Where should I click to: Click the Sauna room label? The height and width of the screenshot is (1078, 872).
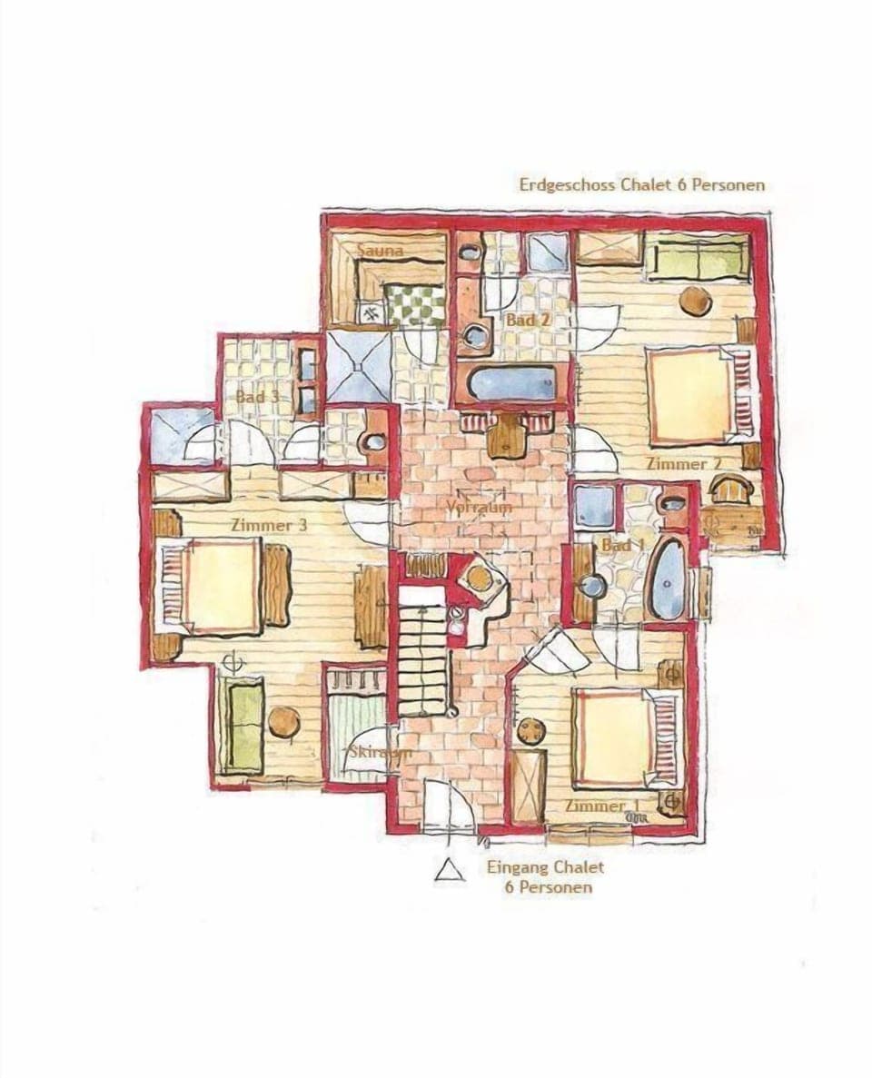380,249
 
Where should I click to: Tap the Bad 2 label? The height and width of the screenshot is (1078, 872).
527,321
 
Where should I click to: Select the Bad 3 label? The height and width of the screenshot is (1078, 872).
257,397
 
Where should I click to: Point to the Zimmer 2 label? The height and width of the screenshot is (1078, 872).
683,464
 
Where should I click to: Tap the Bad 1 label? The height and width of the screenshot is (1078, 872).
622,545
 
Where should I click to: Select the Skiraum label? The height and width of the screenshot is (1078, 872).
380,753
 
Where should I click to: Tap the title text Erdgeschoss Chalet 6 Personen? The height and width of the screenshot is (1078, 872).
641,185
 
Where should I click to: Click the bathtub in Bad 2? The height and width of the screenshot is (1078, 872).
510,384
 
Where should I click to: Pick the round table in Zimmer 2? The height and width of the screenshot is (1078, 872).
696,301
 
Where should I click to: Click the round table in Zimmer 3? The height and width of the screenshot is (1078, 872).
284,723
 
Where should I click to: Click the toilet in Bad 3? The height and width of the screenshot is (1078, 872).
373,442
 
